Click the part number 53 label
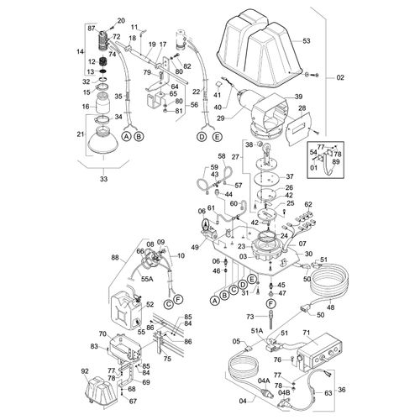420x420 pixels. [x=306, y=39]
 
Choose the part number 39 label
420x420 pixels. [x=297, y=97]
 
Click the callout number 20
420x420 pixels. [x=120, y=20]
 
